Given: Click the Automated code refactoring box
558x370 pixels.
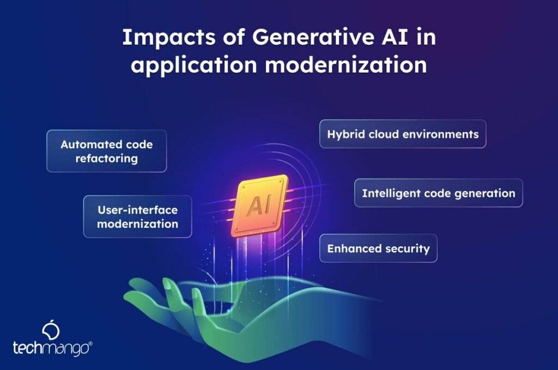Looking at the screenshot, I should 106,151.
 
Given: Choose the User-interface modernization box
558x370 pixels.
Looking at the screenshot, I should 137,216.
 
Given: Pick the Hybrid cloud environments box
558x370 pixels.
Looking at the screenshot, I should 402,134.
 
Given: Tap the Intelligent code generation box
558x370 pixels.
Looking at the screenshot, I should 438,193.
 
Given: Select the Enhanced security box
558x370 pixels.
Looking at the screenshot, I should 378,248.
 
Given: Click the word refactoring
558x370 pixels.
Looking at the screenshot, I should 106,159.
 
